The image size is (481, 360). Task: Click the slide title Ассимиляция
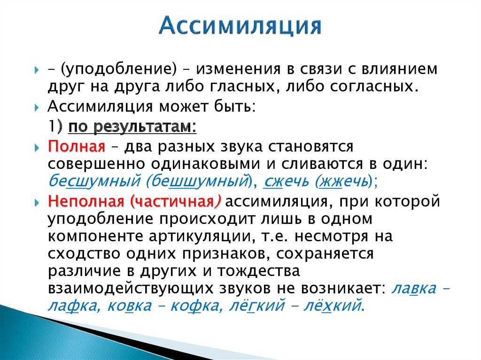coord(240,26)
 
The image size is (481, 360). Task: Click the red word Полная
coord(76,146)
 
